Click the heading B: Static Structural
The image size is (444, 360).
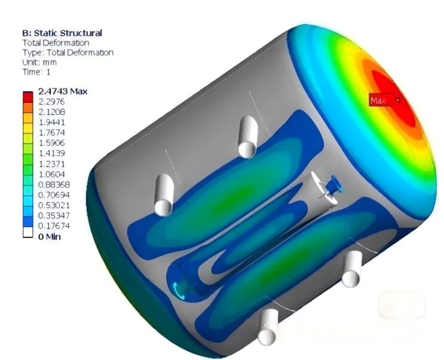[62, 33]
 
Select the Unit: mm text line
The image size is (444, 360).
[39, 62]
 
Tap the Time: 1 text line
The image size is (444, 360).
[36, 72]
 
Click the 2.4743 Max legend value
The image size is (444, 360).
[63, 91]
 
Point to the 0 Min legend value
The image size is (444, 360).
[49, 236]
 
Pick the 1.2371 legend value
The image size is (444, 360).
[51, 164]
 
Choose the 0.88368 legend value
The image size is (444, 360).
[54, 185]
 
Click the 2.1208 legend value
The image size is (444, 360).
[51, 112]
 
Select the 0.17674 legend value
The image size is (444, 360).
[54, 226]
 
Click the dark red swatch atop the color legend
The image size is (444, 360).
[27, 96]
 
